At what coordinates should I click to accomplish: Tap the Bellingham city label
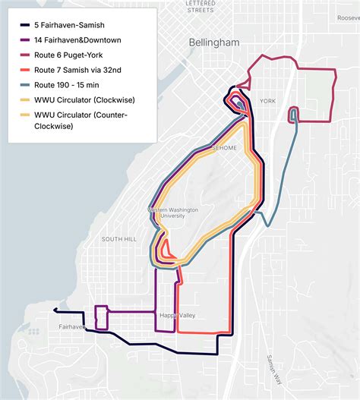coord(216,43)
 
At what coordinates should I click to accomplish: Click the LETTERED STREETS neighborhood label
coord(201,8)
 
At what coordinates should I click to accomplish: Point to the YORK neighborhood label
coord(267,100)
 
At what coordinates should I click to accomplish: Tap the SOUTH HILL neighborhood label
coord(119,239)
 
